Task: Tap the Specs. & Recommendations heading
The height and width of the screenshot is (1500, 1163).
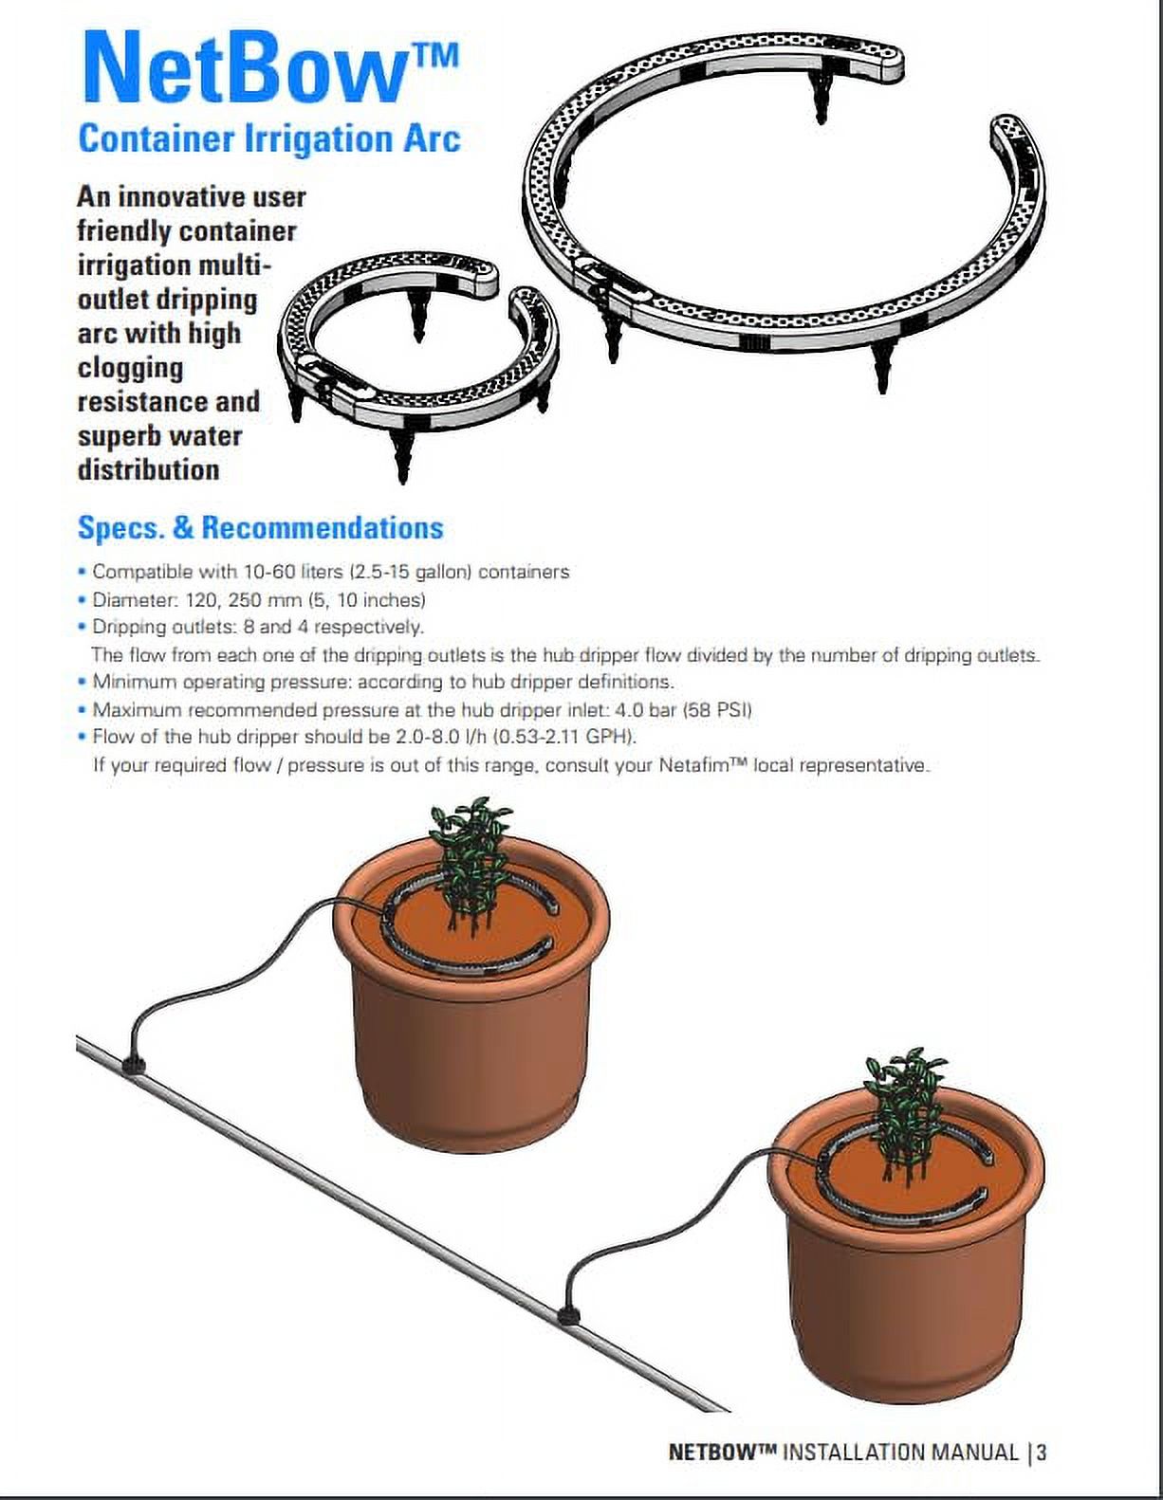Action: (260, 528)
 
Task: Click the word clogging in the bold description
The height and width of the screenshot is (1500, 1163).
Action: (131, 368)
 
